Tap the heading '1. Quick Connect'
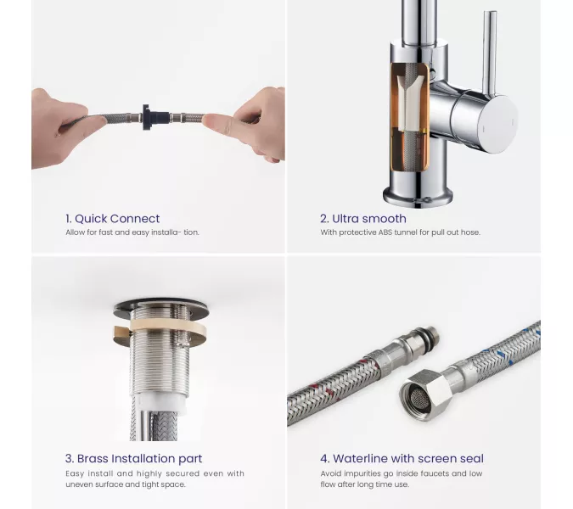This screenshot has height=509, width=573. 113,219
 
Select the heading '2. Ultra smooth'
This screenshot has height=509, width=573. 362,219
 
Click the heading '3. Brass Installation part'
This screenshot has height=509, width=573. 134,459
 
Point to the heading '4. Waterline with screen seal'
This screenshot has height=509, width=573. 402,459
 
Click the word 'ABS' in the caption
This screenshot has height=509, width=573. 385,232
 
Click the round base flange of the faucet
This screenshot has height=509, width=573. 418,197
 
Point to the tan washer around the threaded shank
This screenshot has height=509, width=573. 160,328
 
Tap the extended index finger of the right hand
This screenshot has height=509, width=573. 224,121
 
